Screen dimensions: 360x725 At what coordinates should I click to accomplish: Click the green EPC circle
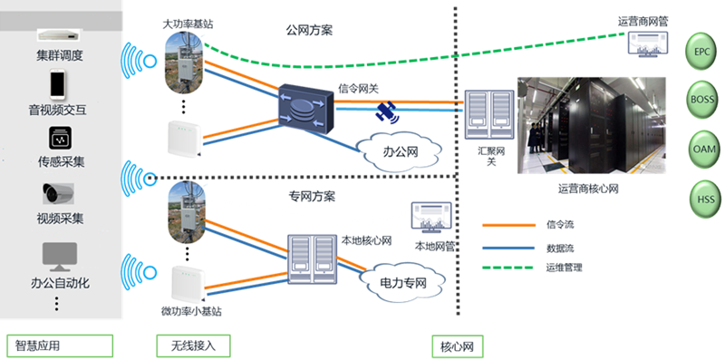tap(701, 52)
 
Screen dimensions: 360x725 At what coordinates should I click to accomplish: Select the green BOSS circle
tap(701, 100)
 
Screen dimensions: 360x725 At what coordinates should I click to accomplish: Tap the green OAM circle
tap(701, 148)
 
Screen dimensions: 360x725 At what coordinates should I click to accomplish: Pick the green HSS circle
tap(701, 196)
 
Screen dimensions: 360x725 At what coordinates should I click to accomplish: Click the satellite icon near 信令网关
tap(388, 113)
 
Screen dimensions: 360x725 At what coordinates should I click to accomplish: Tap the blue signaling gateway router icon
tap(305, 110)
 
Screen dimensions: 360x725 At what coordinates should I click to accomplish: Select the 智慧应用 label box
tap(59, 345)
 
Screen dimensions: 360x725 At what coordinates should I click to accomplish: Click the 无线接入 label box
tap(193, 345)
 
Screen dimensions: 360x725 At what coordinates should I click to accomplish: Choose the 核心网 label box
tap(456, 345)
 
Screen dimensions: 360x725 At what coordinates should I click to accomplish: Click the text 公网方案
tap(309, 30)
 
